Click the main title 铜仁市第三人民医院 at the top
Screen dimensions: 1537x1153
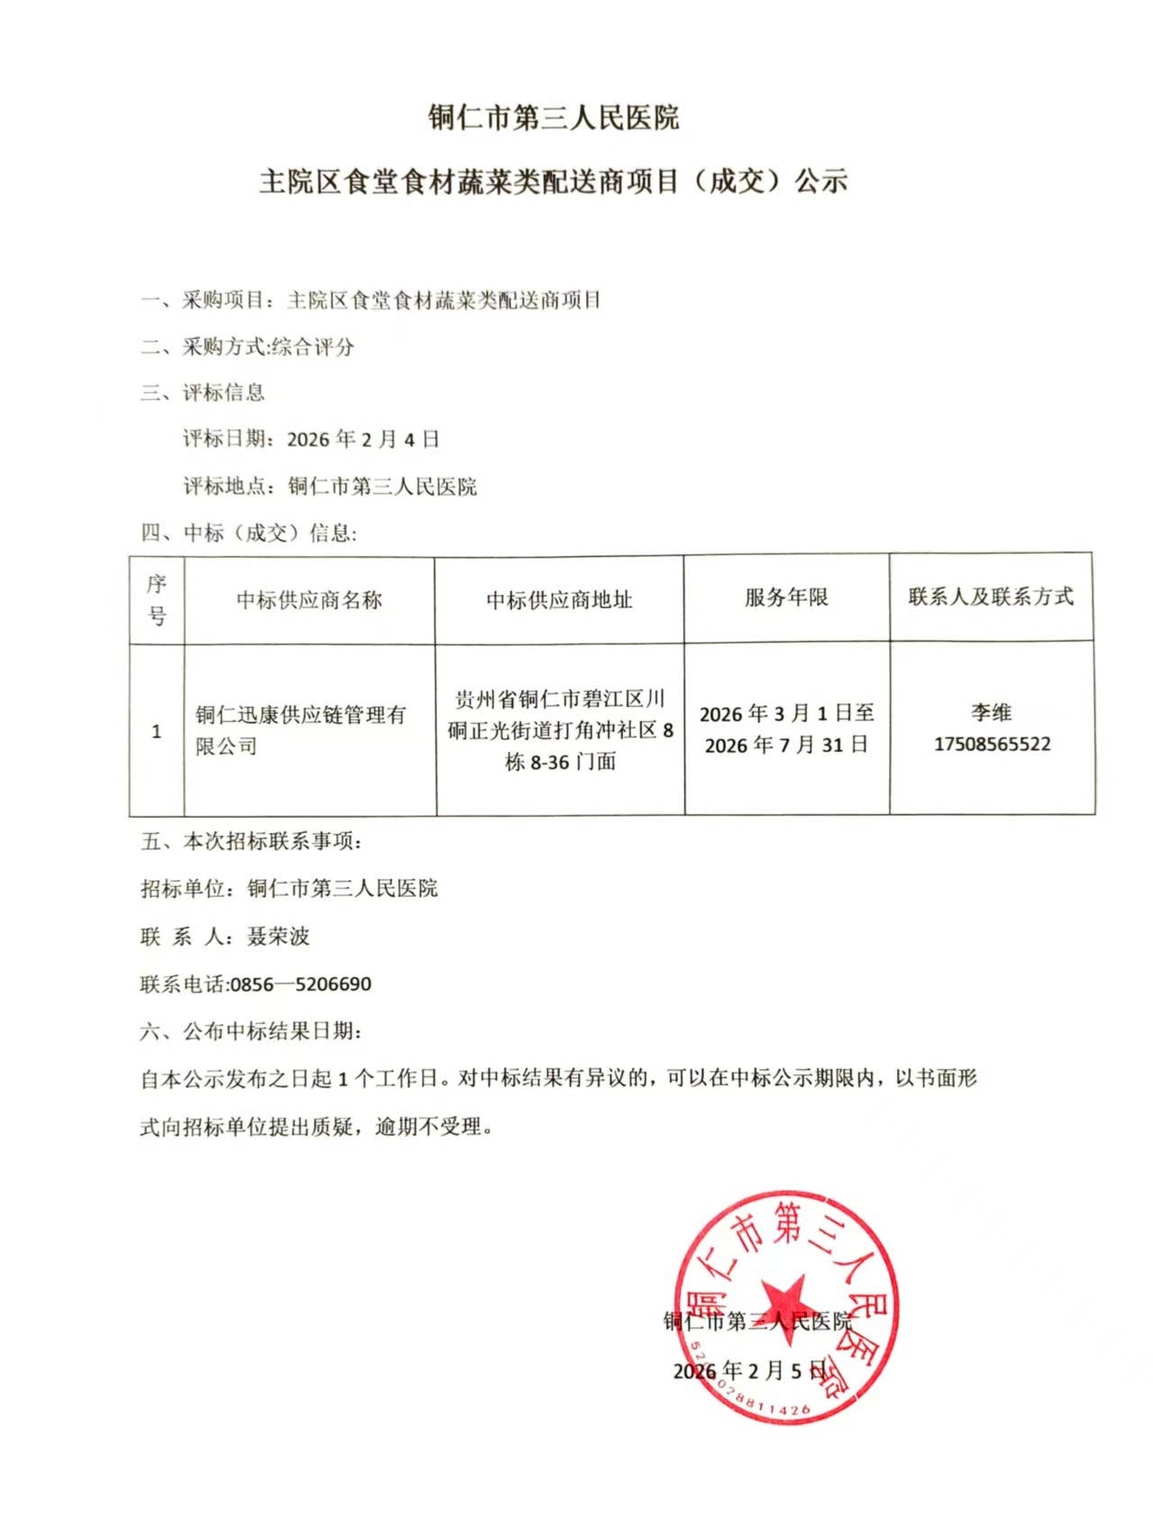coord(554,117)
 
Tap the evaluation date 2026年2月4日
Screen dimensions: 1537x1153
coord(362,440)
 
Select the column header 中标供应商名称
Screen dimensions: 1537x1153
coord(309,600)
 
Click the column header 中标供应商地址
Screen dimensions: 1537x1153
coord(559,600)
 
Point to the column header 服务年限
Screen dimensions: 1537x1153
coord(786,598)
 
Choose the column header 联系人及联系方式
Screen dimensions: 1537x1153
coord(991,597)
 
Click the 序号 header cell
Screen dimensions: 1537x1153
coord(157,599)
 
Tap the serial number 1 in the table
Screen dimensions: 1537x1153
coord(157,731)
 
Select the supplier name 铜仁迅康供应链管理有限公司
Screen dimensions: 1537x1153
coord(300,730)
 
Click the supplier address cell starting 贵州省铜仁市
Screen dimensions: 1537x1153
coord(560,730)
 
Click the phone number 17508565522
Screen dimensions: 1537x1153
coord(992,745)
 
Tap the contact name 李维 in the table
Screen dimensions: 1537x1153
coord(991,713)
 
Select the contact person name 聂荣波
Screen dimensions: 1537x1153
coord(279,937)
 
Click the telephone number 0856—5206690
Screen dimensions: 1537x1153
coord(301,984)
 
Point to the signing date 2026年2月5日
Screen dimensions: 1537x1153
coord(749,1371)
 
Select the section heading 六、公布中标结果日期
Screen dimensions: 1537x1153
coord(251,1031)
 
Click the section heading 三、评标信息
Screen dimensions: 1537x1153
coord(203,393)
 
